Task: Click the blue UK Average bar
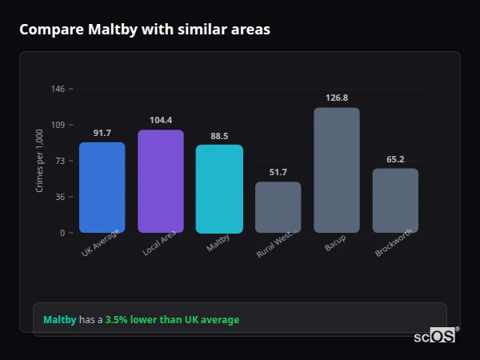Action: pyautogui.click(x=102, y=188)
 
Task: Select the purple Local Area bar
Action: pyautogui.click(x=161, y=182)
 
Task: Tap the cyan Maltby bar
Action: pyautogui.click(x=219, y=189)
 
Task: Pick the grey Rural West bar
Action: pyautogui.click(x=278, y=207)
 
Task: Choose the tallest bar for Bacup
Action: pyautogui.click(x=337, y=170)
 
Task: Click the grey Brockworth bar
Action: pyautogui.click(x=395, y=201)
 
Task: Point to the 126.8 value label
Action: pyautogui.click(x=337, y=98)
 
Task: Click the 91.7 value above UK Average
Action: pyautogui.click(x=102, y=133)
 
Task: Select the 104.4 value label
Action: pyautogui.click(x=161, y=120)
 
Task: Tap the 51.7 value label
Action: pyautogui.click(x=278, y=172)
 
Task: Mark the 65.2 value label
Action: pyautogui.click(x=395, y=159)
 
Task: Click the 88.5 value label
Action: pyautogui.click(x=219, y=136)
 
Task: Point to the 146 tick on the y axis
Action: pyautogui.click(x=58, y=89)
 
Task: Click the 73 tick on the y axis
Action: pyautogui.click(x=59, y=161)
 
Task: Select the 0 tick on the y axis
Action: pyautogui.click(x=62, y=233)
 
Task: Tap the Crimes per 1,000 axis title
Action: pyautogui.click(x=40, y=160)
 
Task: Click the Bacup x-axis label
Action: pyautogui.click(x=334, y=243)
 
